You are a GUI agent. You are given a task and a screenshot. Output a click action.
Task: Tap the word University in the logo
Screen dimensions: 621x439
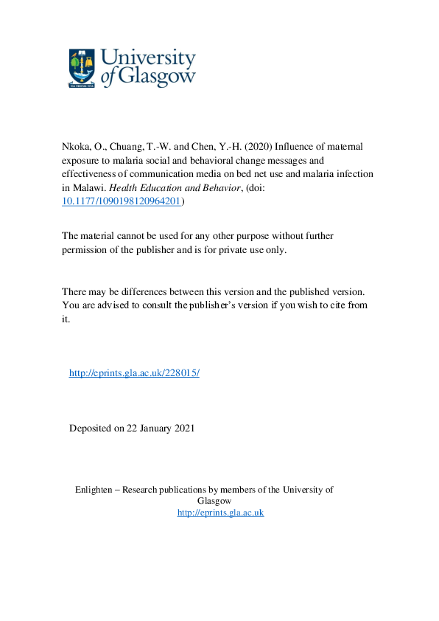(x=147, y=59)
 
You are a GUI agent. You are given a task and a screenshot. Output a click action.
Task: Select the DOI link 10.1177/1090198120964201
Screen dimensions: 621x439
(x=121, y=201)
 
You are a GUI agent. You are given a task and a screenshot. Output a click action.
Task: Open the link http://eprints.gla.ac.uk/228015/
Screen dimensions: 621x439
(x=134, y=373)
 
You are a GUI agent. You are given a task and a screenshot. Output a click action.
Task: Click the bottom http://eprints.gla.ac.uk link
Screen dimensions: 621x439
(x=220, y=513)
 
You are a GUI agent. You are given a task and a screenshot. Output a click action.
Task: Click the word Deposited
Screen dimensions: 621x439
(x=91, y=428)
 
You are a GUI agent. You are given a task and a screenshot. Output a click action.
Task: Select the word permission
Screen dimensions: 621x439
(x=86, y=249)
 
